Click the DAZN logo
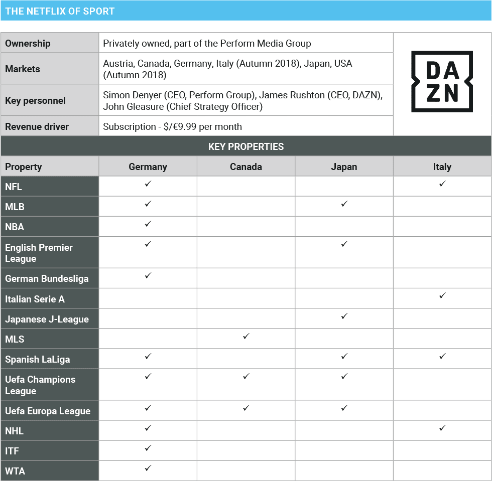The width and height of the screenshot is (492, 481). tap(442, 81)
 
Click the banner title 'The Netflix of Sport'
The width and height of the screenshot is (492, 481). tap(60, 11)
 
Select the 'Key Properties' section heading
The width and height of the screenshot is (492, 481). tap(246, 146)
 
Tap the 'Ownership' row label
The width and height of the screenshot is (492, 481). tap(28, 43)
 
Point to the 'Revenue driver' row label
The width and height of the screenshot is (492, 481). tap(37, 126)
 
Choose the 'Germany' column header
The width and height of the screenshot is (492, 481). tap(148, 167)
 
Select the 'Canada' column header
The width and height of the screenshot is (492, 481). tap(246, 167)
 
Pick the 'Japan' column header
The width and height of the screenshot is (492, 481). tap(344, 167)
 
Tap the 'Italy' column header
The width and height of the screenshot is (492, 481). tap(442, 167)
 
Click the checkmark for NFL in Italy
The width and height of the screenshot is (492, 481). tap(442, 184)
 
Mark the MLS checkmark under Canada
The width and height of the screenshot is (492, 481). tap(246, 337)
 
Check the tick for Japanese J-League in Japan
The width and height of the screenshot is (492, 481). tap(344, 316)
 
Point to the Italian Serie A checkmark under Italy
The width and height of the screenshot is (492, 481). tap(442, 296)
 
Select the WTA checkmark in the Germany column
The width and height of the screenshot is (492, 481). tap(148, 468)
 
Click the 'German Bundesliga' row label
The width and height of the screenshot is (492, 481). tap(47, 278)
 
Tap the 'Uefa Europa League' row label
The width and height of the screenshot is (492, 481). tap(48, 411)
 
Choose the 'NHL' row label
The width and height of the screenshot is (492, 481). tap(15, 431)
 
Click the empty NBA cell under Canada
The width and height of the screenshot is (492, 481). tap(246, 226)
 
